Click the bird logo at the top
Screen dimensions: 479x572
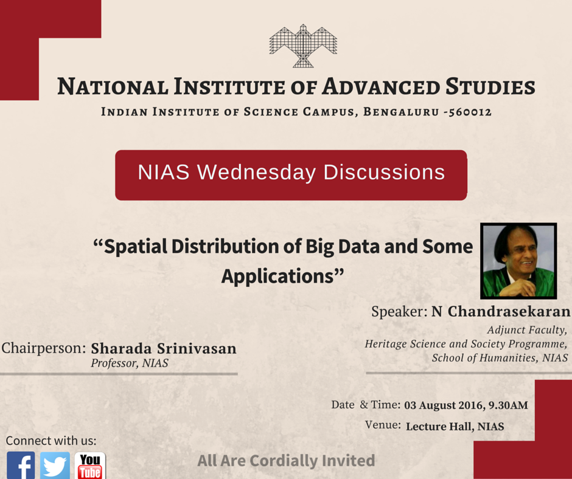pos(303,46)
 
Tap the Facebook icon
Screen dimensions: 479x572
pos(21,466)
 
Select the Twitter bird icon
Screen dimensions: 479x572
pos(55,466)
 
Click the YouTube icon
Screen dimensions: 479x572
pos(89,466)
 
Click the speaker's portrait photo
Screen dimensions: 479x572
pos(518,261)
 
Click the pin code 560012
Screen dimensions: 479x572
pos(470,112)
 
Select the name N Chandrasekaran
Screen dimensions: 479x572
pos(501,312)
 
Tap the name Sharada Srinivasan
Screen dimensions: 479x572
pos(163,349)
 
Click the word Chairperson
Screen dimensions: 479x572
pos(44,349)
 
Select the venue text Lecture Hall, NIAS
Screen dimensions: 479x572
pos(455,426)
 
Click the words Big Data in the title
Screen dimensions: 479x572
pos(343,247)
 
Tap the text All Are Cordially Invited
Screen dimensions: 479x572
pos(286,461)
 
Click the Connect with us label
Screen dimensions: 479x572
pos(51,441)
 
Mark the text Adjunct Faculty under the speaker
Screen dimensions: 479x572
pos(527,330)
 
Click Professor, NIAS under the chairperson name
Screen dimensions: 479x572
pos(130,364)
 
